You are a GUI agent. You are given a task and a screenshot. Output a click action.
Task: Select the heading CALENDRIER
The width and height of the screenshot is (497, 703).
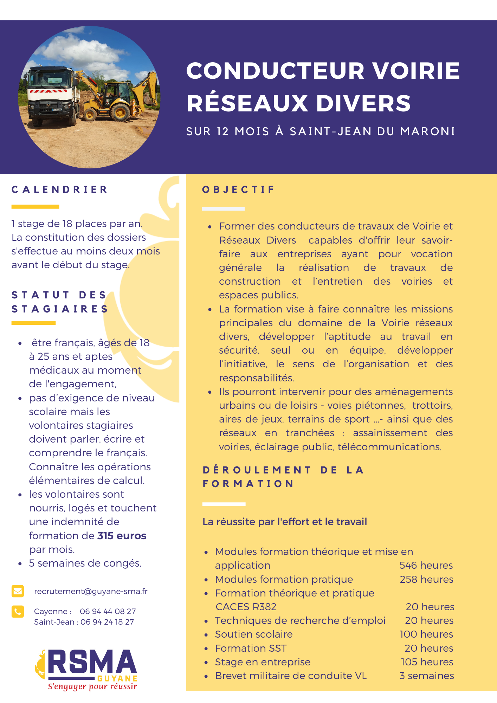59,190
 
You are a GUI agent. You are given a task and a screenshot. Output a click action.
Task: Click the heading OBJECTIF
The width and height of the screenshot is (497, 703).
238,190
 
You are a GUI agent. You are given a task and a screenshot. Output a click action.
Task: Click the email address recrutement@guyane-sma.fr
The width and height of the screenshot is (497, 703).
91,591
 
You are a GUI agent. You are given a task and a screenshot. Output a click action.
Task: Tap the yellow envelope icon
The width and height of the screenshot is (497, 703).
18,591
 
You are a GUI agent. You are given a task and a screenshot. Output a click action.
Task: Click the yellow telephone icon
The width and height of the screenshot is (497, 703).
18,612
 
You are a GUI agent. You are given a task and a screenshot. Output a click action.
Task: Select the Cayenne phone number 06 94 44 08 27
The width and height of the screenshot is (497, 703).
108,611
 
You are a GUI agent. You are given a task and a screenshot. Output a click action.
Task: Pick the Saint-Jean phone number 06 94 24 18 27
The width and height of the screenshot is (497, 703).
107,622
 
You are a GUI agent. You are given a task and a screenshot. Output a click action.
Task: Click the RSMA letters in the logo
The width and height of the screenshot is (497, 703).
92,662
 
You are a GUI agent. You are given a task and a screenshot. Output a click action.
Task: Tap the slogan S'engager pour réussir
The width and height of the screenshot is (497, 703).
92,686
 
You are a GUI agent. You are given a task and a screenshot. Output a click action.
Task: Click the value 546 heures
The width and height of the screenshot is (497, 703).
426,565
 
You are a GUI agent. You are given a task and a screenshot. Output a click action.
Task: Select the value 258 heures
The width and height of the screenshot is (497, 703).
426,579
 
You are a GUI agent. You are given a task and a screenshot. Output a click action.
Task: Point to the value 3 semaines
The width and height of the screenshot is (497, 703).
427,676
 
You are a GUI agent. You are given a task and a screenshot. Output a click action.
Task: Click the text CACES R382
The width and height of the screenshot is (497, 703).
246,607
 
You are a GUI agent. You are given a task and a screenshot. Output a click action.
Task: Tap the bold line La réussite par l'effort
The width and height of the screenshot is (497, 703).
285,522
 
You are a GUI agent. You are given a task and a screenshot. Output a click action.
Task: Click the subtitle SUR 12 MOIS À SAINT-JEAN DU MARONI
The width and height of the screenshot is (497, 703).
321,131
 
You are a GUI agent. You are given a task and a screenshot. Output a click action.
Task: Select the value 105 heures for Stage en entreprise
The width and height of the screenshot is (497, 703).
427,662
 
